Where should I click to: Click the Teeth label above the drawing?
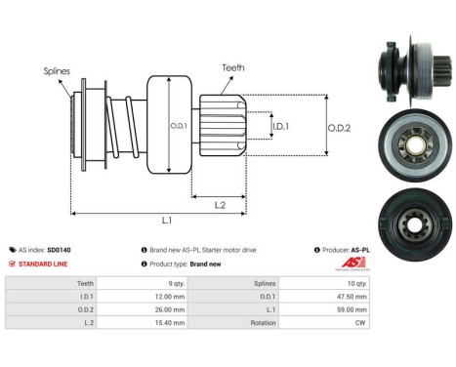[x=233, y=67]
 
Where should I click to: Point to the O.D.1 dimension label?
[x=180, y=124]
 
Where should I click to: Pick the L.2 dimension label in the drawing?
[x=221, y=204]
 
